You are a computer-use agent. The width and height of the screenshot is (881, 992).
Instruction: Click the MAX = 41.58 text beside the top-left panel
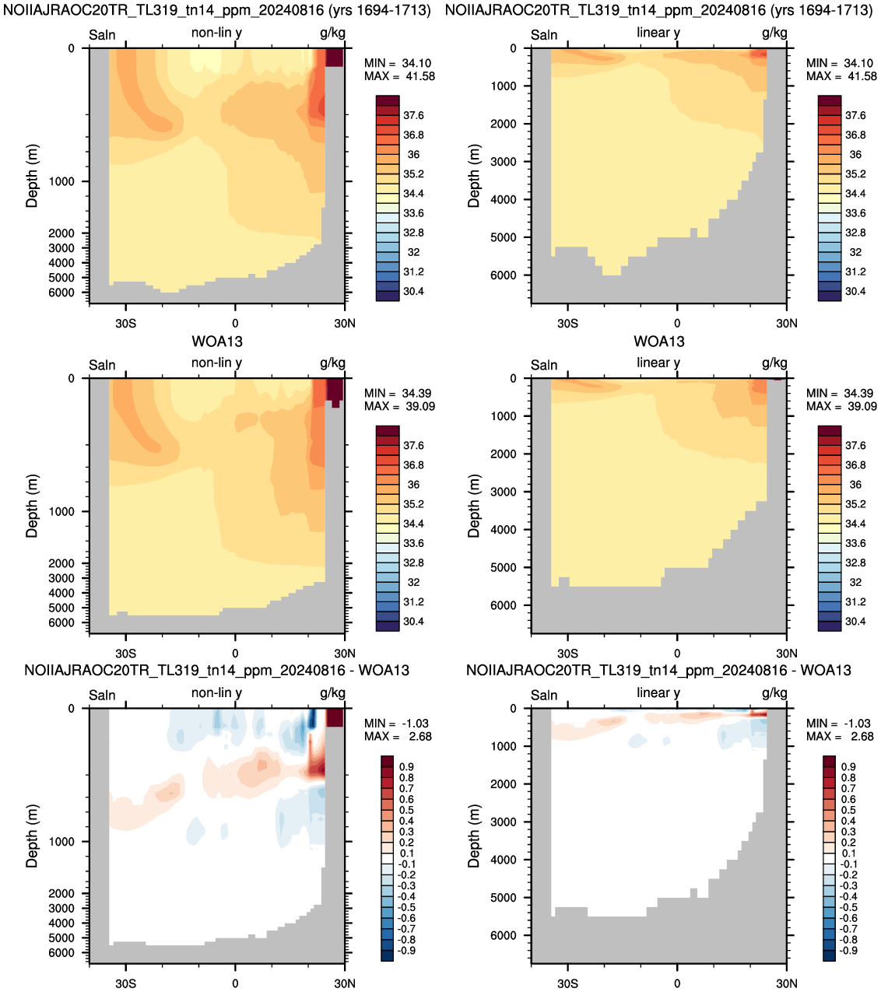[x=399, y=76]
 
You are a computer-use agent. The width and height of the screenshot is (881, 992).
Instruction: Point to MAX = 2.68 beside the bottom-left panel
[x=398, y=736]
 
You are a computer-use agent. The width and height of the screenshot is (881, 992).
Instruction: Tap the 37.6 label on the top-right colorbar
[x=855, y=116]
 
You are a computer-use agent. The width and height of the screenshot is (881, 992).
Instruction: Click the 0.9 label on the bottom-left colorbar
[x=406, y=767]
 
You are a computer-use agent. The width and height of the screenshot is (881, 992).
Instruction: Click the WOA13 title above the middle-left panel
[x=217, y=342]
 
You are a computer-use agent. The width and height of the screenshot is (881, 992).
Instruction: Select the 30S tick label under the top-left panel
[x=126, y=323]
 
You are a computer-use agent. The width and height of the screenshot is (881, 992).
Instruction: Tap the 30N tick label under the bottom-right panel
[x=787, y=983]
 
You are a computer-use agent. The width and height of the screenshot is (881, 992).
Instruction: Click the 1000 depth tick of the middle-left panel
[x=61, y=512]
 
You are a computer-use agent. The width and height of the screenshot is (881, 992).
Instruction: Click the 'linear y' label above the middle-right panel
[x=658, y=363]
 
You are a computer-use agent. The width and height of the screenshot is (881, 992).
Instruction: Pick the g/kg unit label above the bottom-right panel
[x=774, y=693]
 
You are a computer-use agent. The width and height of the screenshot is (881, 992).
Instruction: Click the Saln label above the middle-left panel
[x=102, y=365]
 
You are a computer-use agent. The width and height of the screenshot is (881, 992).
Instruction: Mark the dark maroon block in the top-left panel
[x=335, y=58]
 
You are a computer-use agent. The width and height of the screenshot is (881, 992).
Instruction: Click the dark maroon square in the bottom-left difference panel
[x=335, y=718]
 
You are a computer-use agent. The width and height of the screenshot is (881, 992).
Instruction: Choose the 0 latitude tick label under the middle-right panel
[x=677, y=654]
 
